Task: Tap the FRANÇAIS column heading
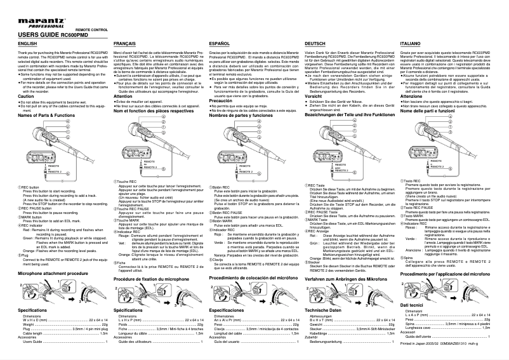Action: (x=124, y=43)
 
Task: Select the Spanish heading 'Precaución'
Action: (x=221, y=100)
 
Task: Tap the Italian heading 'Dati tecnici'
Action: (x=413, y=305)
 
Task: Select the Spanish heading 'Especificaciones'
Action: (x=231, y=309)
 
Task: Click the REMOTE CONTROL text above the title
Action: (x=91, y=29)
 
